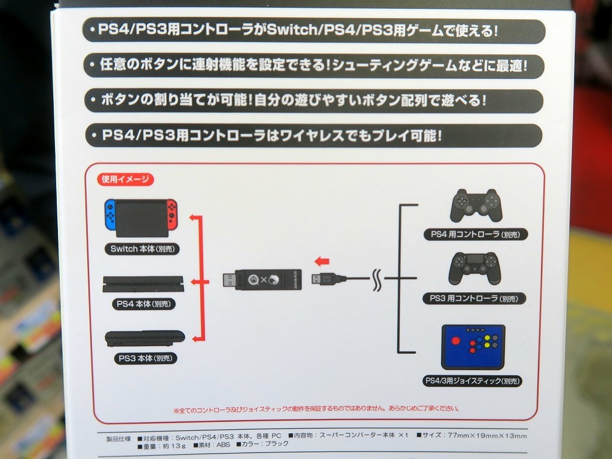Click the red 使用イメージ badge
click(x=126, y=179)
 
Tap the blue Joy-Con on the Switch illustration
click(x=110, y=215)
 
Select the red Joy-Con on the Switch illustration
click(x=172, y=215)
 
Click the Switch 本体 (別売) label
click(x=142, y=249)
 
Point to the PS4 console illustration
click(x=143, y=284)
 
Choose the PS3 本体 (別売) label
click(x=145, y=359)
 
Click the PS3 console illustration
click(x=145, y=338)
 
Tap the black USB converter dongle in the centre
click(x=262, y=279)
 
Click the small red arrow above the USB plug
click(x=322, y=261)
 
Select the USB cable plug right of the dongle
click(x=329, y=279)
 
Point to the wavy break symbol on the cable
click(x=377, y=280)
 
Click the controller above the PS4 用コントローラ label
click(x=476, y=206)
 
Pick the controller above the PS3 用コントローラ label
click(x=475, y=268)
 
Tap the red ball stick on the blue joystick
click(x=455, y=340)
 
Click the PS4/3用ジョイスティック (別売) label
click(x=472, y=381)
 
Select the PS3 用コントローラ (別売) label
click(x=474, y=299)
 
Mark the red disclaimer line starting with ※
click(x=316, y=409)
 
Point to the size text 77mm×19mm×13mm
click(x=487, y=436)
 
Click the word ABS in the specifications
click(x=224, y=445)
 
